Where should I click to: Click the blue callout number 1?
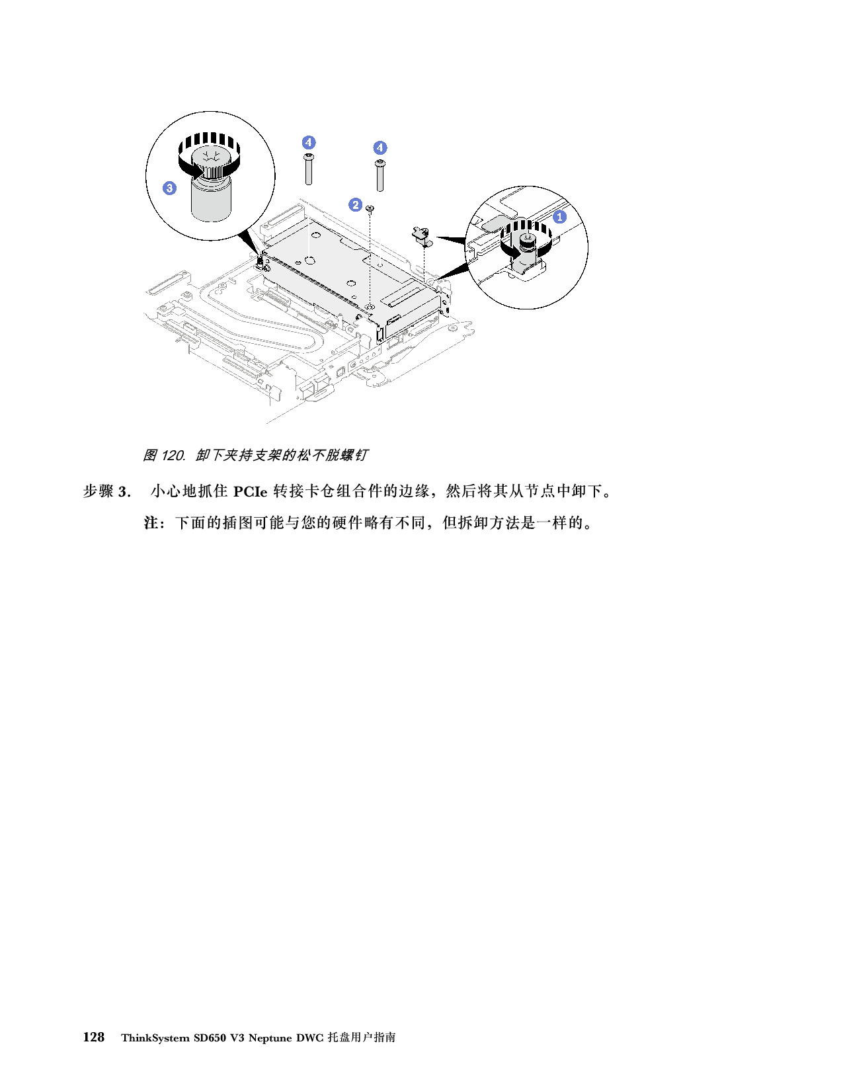tap(559, 216)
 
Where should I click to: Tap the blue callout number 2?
tap(356, 204)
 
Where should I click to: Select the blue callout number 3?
tap(170, 188)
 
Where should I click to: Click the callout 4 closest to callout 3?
tap(309, 142)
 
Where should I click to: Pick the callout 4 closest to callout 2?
tap(380, 147)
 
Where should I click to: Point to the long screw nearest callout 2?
tap(380, 174)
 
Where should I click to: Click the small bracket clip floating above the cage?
tap(422, 235)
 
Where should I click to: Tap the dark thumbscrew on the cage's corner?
tap(261, 264)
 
